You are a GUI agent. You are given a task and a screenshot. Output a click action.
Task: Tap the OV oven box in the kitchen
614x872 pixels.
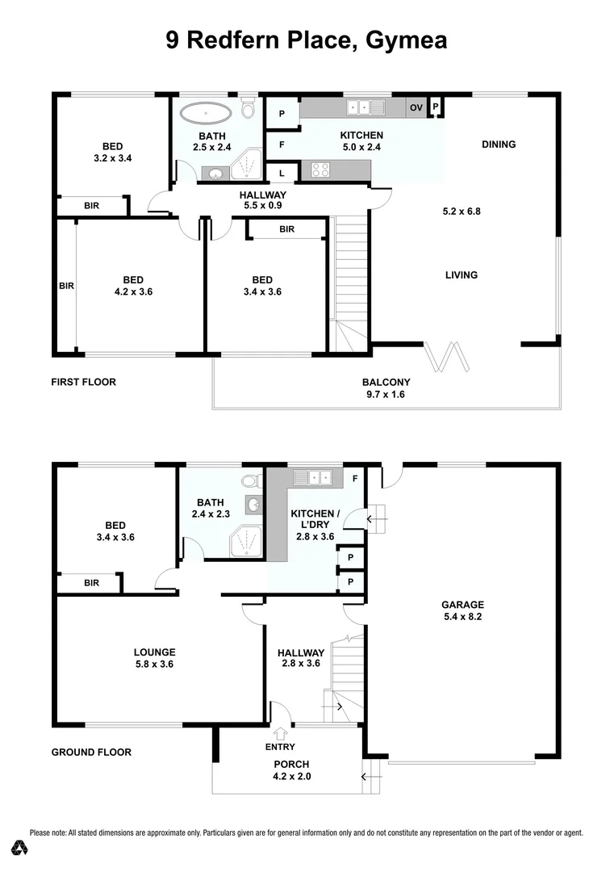click(416, 107)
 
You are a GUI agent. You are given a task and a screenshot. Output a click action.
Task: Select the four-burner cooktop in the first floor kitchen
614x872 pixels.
click(320, 170)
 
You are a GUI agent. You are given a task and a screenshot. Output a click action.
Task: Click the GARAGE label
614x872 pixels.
click(462, 604)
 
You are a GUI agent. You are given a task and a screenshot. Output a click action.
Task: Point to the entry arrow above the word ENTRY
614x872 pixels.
click(280, 734)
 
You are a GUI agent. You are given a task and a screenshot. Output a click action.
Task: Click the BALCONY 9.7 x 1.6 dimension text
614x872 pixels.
click(386, 395)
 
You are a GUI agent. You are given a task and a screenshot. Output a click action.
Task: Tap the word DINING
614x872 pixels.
click(498, 145)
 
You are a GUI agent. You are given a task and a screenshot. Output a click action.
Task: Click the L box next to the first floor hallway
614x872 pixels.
click(282, 173)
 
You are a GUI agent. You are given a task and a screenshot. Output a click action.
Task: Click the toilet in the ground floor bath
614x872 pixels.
click(251, 481)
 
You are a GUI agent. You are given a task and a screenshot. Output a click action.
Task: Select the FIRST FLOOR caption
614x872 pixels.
click(83, 382)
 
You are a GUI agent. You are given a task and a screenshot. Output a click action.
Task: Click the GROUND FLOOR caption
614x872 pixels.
click(91, 752)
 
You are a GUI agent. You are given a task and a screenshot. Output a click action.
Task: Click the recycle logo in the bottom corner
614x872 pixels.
click(20, 848)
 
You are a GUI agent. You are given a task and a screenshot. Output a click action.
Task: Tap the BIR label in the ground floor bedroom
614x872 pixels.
click(91, 582)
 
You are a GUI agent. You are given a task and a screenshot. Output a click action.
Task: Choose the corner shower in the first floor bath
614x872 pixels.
click(247, 166)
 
